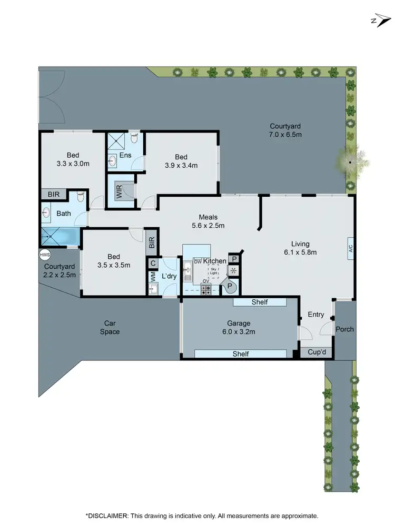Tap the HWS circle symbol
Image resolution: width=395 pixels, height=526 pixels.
pos(44,255)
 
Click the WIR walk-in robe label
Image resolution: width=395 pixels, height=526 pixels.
pos(120,191)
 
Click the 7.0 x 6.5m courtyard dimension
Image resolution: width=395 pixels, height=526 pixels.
pos(285,135)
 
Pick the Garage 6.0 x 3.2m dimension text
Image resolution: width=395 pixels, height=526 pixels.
pos(239,332)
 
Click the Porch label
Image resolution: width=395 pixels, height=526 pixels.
pos(345,329)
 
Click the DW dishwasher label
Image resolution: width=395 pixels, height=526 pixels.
pos(198,261)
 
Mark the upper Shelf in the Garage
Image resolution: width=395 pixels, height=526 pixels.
pos(260,302)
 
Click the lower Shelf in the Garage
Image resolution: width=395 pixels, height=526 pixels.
pos(241,354)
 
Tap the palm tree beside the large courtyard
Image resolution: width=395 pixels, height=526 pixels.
pos(350,162)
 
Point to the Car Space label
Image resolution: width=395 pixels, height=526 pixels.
pos(110,327)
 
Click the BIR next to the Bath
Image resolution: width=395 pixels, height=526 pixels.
pos(54,195)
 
